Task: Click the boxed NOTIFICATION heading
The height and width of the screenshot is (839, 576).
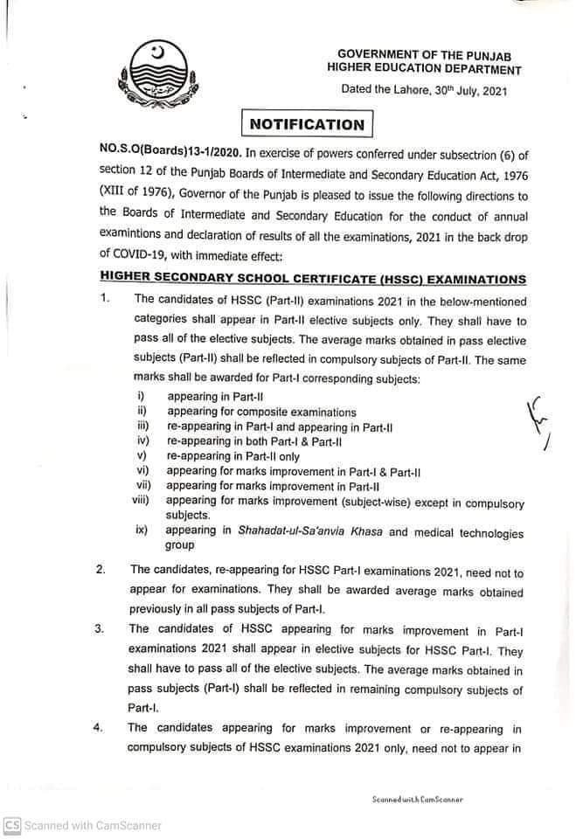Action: [x=307, y=124]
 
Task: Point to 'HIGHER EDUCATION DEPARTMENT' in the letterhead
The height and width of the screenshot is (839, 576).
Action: [x=424, y=70]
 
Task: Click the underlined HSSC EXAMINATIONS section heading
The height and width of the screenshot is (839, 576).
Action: [x=313, y=280]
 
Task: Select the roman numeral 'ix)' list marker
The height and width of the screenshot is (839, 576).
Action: [x=142, y=530]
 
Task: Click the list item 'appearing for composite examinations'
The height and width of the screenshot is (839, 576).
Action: [x=262, y=412]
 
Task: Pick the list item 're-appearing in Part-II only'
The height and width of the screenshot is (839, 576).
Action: [x=233, y=456]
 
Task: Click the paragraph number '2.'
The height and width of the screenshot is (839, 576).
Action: [x=101, y=570]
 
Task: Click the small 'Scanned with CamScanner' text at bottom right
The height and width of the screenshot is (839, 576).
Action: [x=417, y=799]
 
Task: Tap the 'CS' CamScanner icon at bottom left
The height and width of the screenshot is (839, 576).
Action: [x=11, y=825]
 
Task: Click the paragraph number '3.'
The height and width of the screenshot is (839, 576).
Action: [x=101, y=629]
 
